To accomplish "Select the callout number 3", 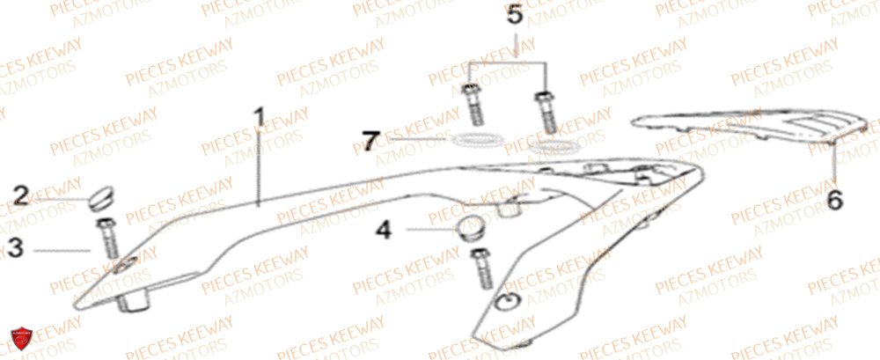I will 15,249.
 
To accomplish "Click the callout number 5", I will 515,15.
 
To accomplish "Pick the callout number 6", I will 834,200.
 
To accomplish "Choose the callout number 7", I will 370,139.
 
